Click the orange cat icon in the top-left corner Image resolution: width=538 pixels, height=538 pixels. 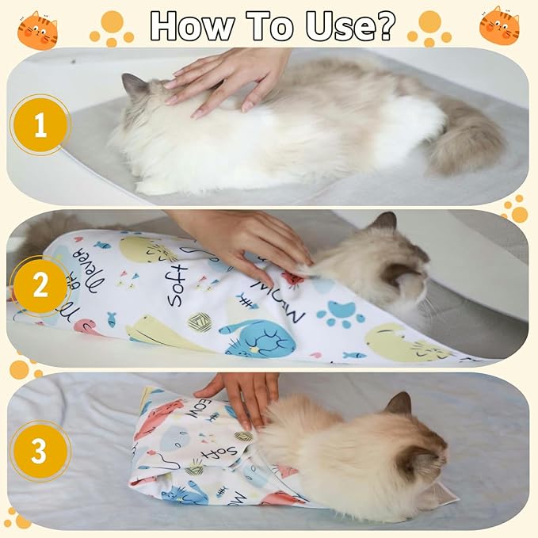click(x=37, y=30)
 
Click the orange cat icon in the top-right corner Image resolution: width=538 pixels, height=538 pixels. click(x=499, y=25)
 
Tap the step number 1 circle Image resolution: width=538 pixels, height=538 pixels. click(x=40, y=125)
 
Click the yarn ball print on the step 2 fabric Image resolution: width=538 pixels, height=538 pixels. click(x=199, y=322)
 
